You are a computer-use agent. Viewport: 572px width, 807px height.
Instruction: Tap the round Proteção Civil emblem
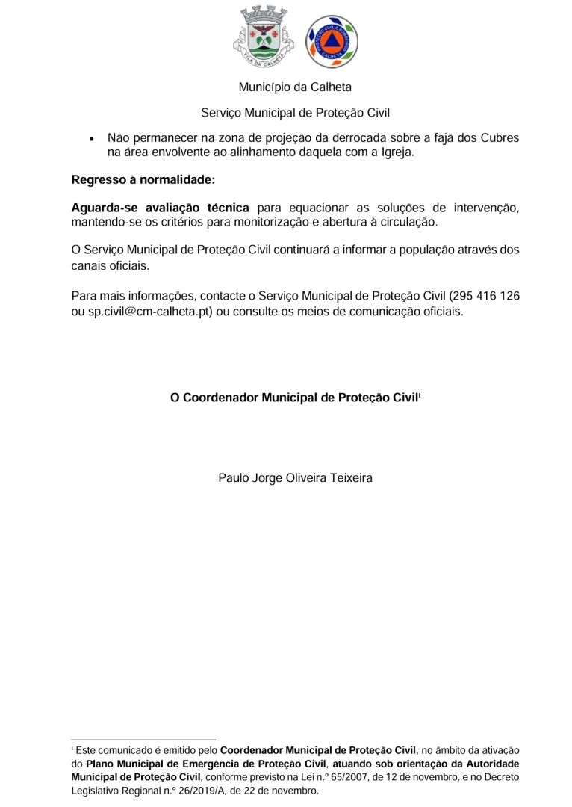(331, 40)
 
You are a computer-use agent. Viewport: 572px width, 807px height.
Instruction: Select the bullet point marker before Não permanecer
(90, 139)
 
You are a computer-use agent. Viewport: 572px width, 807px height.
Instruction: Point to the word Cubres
(500, 138)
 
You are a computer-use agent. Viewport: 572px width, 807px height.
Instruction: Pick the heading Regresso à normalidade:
(143, 179)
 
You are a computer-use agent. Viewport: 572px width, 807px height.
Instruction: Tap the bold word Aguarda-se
(101, 207)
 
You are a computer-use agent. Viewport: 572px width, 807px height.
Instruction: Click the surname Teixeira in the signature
(346, 477)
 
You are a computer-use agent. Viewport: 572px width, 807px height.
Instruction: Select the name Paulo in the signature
(233, 477)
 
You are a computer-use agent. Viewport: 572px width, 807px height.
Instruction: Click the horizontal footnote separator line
(143, 740)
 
